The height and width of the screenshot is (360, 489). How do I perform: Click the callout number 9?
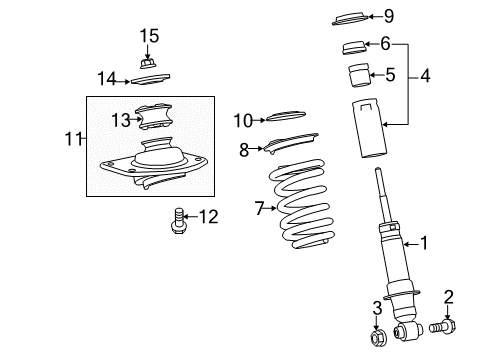390,15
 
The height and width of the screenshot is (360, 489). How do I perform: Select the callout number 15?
149,37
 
